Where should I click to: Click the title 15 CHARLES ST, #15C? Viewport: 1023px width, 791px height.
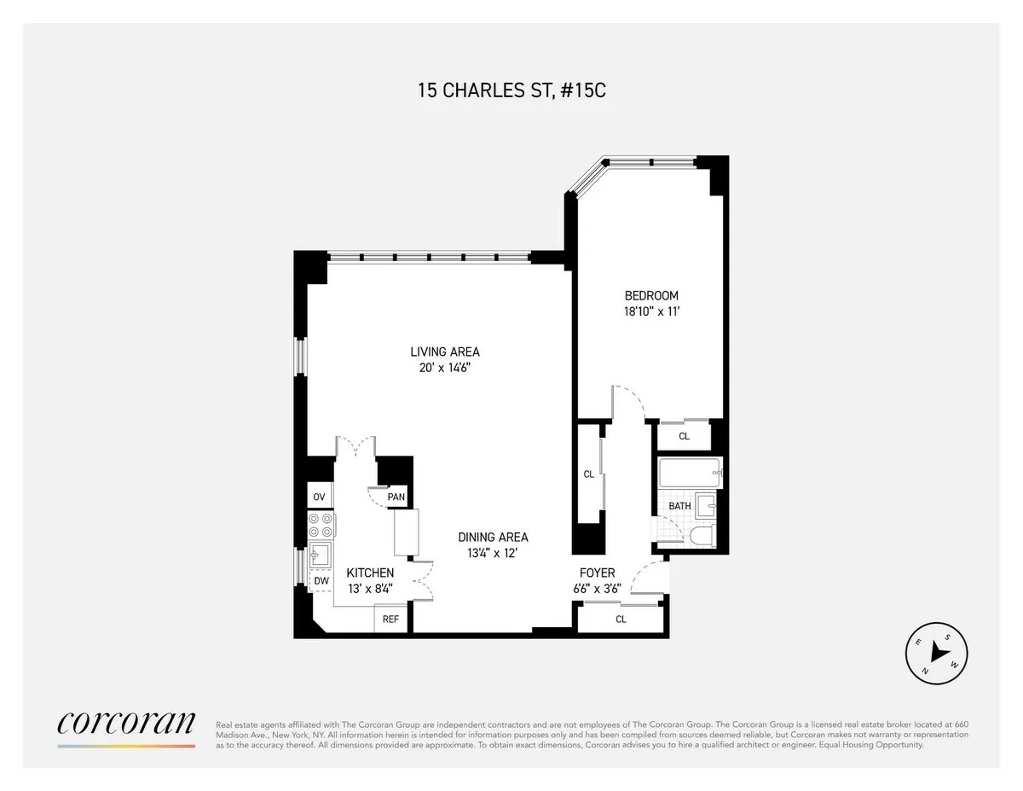pos(511,90)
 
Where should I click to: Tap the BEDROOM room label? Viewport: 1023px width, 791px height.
pos(651,296)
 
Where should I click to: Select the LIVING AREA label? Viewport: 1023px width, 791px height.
pos(445,352)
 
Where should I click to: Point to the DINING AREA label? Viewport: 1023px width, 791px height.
pos(493,538)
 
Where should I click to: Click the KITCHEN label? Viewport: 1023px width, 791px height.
pos(369,573)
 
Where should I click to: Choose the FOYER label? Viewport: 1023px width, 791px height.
pos(598,573)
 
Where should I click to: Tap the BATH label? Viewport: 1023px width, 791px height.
pos(679,506)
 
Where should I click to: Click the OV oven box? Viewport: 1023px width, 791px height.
pos(320,497)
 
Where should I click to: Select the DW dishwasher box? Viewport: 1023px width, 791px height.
pos(321,581)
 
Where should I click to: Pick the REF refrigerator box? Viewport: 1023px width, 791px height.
pos(390,619)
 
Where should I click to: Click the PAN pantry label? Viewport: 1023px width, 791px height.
pos(396,497)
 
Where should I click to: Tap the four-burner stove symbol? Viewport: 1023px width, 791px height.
pos(321,524)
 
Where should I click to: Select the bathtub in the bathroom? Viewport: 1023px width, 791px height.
pos(690,472)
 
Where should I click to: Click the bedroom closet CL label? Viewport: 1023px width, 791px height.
pos(684,436)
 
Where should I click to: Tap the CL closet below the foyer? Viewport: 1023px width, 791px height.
pos(621,619)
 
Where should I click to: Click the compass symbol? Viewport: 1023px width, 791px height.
pos(935,651)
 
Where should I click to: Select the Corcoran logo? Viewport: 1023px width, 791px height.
pos(126,724)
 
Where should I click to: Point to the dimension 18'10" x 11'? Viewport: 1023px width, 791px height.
pos(651,312)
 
